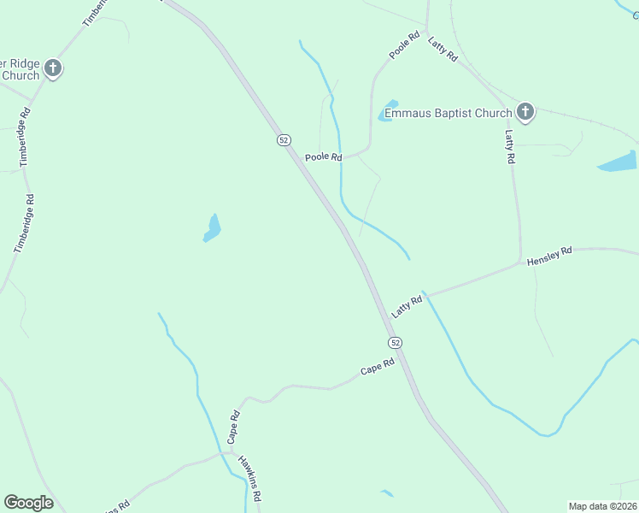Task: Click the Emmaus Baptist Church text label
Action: click(448, 112)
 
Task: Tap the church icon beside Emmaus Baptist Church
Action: click(525, 112)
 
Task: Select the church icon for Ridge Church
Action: click(53, 68)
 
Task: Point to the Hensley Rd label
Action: click(548, 256)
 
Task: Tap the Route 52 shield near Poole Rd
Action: click(284, 140)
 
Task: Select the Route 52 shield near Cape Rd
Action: click(395, 342)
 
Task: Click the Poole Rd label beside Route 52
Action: click(324, 157)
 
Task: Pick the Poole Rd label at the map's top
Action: click(404, 45)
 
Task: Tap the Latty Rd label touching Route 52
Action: click(407, 307)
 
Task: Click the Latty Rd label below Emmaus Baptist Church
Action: click(510, 146)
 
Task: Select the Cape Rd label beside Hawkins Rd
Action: click(233, 426)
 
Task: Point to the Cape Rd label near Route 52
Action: click(377, 367)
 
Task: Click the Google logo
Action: click(28, 503)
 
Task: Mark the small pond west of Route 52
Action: click(212, 227)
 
